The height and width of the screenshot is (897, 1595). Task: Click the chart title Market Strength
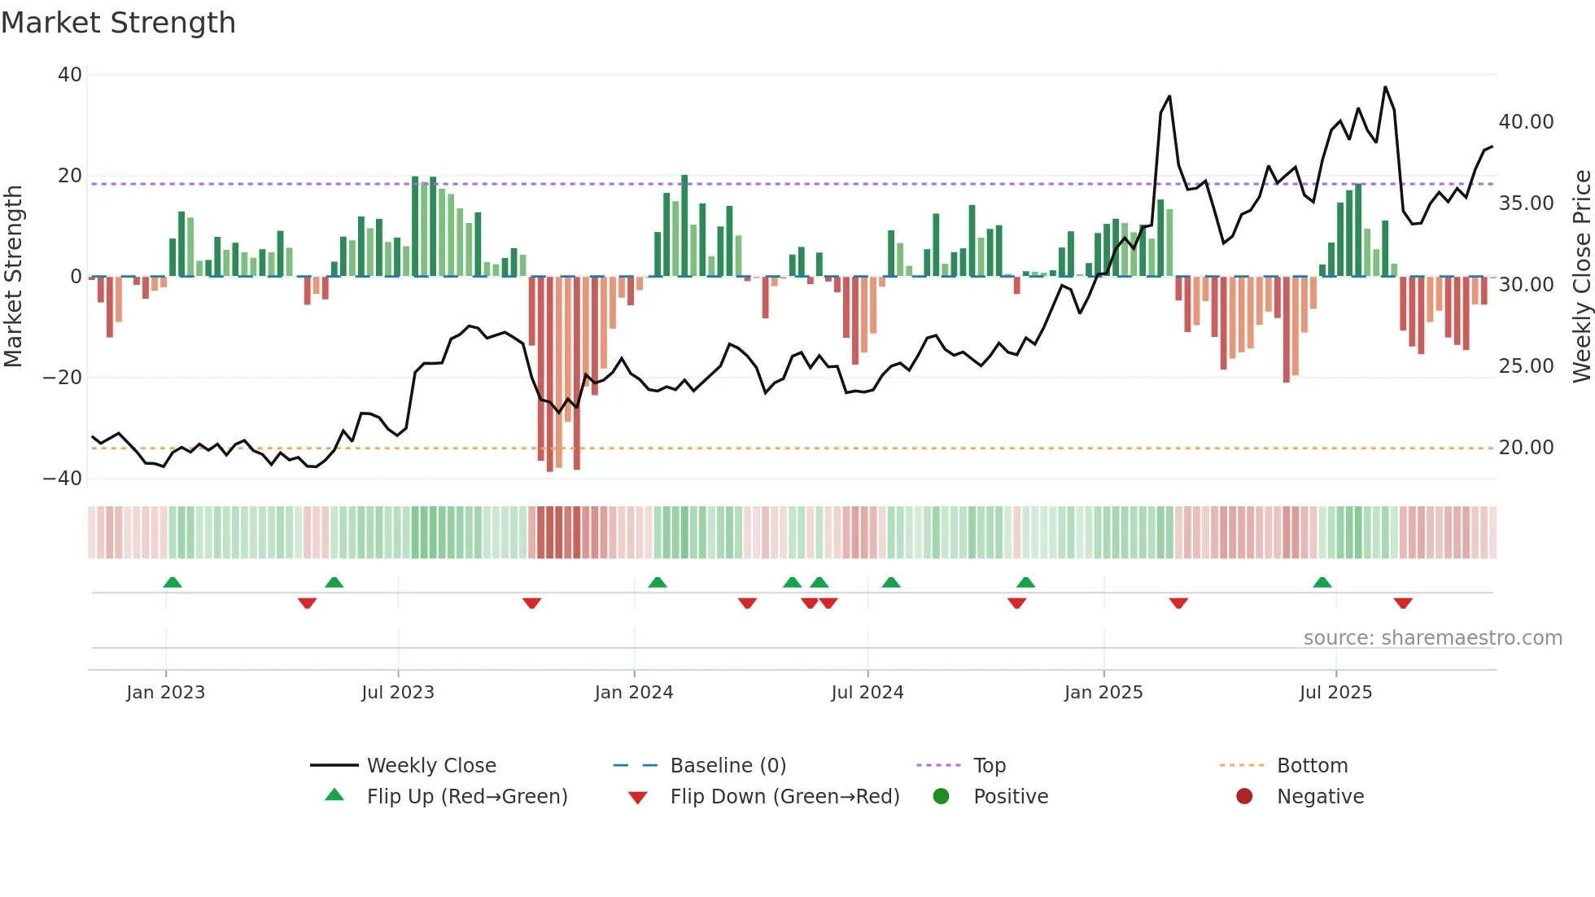[118, 23]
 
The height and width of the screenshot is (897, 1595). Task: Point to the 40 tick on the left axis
[70, 75]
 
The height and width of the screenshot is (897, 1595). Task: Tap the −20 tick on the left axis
[63, 378]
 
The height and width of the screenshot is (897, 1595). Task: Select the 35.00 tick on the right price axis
[1526, 203]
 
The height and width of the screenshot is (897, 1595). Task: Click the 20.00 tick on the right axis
[1526, 448]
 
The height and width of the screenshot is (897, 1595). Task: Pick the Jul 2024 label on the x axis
[867, 693]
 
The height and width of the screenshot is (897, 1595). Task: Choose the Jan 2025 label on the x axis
[1103, 693]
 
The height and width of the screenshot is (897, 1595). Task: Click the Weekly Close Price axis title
[1581, 277]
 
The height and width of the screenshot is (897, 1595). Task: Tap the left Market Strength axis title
[14, 277]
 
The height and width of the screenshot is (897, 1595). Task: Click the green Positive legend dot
[942, 797]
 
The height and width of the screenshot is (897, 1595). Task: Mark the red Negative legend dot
[1244, 797]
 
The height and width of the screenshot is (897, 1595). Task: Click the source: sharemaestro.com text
[1432, 638]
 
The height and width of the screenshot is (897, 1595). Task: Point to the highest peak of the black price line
[1385, 87]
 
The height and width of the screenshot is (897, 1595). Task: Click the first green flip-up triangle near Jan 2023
[173, 583]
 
